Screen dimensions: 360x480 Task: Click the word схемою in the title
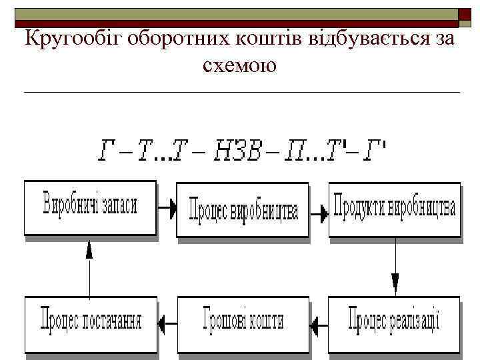238,65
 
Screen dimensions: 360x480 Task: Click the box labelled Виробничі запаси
90,208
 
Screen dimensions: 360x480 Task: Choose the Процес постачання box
91,323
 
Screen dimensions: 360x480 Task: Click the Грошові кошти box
243,323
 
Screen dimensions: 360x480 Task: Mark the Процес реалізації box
394,323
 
